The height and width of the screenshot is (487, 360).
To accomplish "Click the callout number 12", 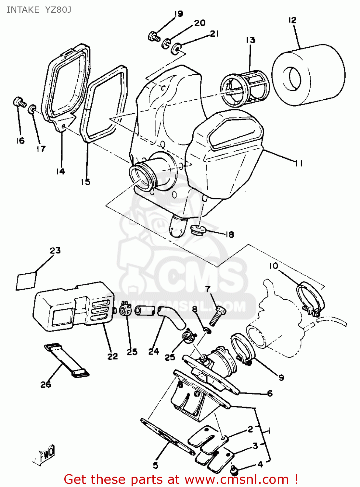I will [x=292, y=20].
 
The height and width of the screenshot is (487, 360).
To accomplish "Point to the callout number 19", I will [x=178, y=14].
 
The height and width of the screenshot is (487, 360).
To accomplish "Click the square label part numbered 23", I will [x=26, y=281].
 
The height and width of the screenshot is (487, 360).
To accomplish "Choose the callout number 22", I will [x=112, y=356].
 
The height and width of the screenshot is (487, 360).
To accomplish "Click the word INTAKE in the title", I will [x=23, y=10].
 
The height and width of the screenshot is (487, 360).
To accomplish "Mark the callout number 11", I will [x=299, y=163].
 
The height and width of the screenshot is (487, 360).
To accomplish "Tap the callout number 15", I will [x=85, y=182].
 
